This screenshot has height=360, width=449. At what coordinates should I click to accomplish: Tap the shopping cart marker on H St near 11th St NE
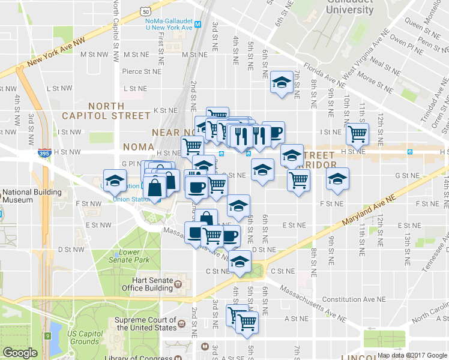click(x=358, y=134)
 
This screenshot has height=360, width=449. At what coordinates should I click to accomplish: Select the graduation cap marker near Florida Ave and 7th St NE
click(x=281, y=83)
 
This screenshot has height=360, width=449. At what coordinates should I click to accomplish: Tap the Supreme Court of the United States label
click(x=146, y=324)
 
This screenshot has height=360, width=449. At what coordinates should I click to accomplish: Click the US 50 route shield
click(x=146, y=10)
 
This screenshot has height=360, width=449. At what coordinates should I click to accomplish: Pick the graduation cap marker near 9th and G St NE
click(x=337, y=179)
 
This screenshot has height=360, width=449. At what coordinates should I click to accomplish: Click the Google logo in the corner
click(x=20, y=353)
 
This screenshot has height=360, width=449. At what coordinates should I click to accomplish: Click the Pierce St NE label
click(x=142, y=71)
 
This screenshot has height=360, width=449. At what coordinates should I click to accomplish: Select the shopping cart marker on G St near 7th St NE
click(x=299, y=179)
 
